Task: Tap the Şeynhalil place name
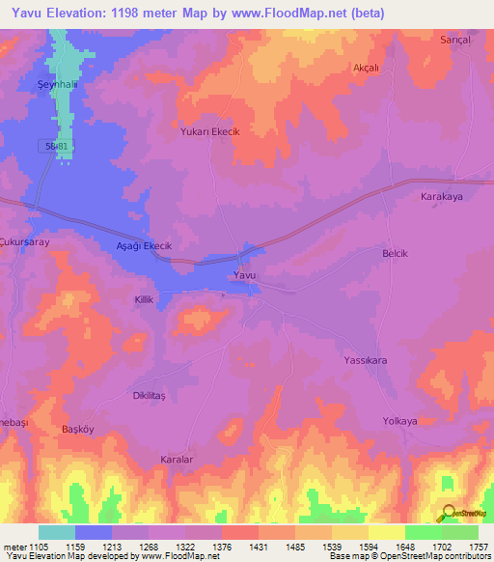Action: point(30,82)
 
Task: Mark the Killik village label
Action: point(144,301)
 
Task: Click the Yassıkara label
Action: point(366,360)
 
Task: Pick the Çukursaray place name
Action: point(24,233)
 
